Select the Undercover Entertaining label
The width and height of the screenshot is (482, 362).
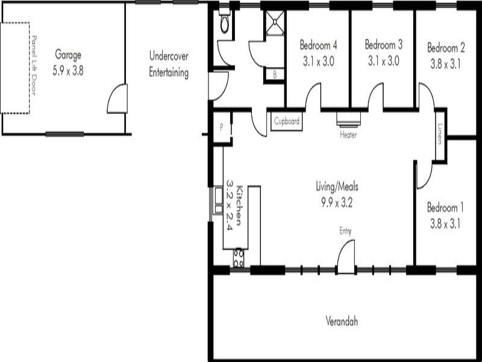[x=169, y=65]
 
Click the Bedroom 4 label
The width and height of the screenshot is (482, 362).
[x=318, y=45]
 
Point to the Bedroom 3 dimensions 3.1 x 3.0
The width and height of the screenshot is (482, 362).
[x=383, y=60]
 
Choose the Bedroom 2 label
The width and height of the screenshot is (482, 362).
[x=446, y=47]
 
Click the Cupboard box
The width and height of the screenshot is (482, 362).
[x=287, y=121]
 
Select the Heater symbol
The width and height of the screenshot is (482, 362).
[x=348, y=119]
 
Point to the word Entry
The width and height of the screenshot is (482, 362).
[x=345, y=231]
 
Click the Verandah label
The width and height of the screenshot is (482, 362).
[x=342, y=321]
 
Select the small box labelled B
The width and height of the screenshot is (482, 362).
[x=275, y=75]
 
